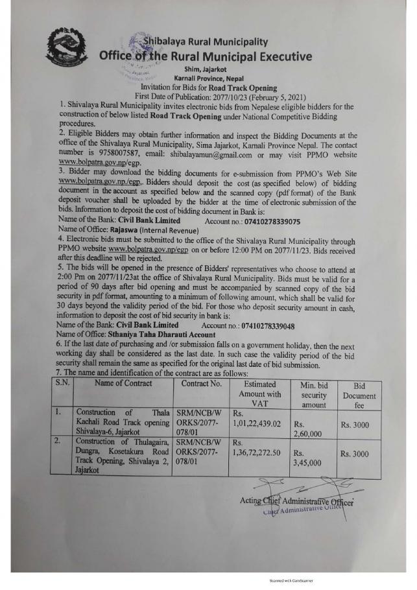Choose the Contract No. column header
pyautogui.click(x=200, y=383)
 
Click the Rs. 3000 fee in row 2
pyautogui.click(x=355, y=454)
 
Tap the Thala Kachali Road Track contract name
pyautogui.click(x=123, y=422)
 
